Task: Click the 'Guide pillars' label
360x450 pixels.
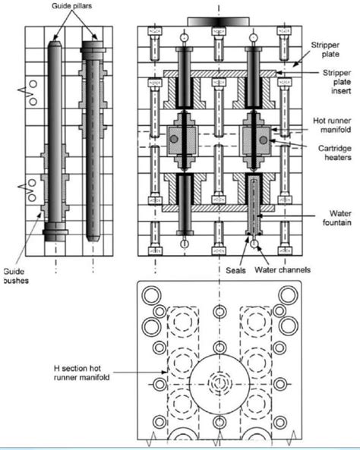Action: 72,6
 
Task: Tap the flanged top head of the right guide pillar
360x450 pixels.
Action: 93,46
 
